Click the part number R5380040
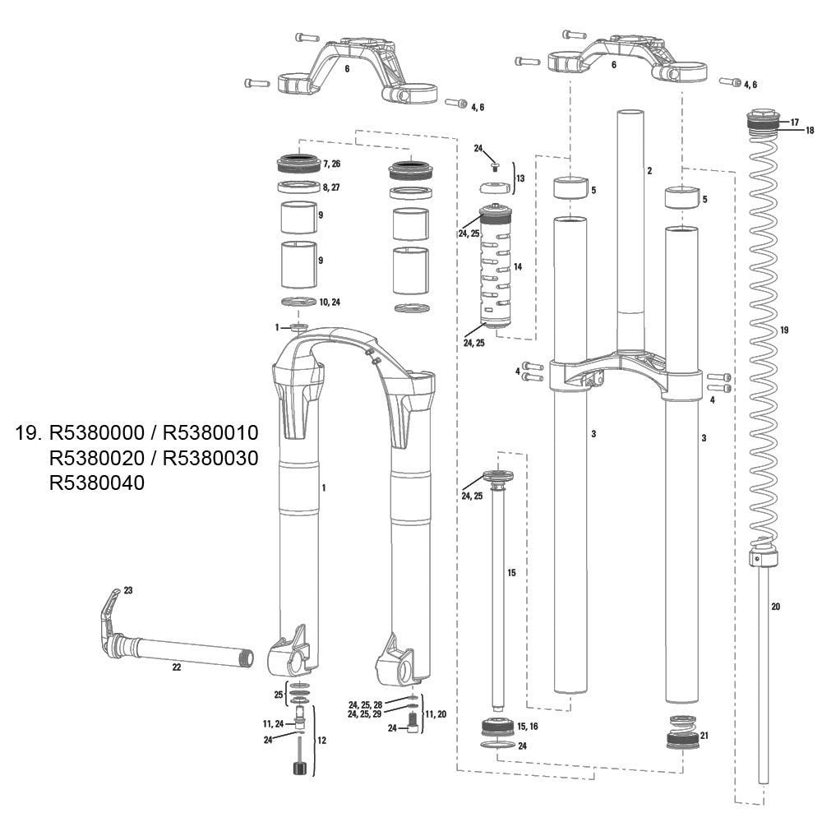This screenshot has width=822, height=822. (x=96, y=483)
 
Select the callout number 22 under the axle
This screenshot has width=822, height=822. (x=177, y=667)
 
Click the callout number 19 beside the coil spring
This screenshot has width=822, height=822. (x=784, y=330)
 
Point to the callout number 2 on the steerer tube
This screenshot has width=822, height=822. (x=649, y=170)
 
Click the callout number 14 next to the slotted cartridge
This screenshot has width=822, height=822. (x=518, y=267)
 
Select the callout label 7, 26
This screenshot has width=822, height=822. (x=332, y=164)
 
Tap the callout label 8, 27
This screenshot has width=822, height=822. (x=332, y=187)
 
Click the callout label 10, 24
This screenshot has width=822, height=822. (x=330, y=302)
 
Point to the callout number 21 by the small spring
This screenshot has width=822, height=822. (x=704, y=736)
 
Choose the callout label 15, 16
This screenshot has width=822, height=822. (x=528, y=726)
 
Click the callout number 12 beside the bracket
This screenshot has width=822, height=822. (x=322, y=741)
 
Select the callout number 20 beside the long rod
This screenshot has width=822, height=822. (x=776, y=607)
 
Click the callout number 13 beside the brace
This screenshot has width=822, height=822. (x=520, y=178)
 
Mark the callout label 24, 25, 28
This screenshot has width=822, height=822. (x=366, y=705)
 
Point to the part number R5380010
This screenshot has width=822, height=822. (x=210, y=432)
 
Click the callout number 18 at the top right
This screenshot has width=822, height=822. (x=810, y=130)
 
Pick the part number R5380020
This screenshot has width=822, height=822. (x=96, y=458)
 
